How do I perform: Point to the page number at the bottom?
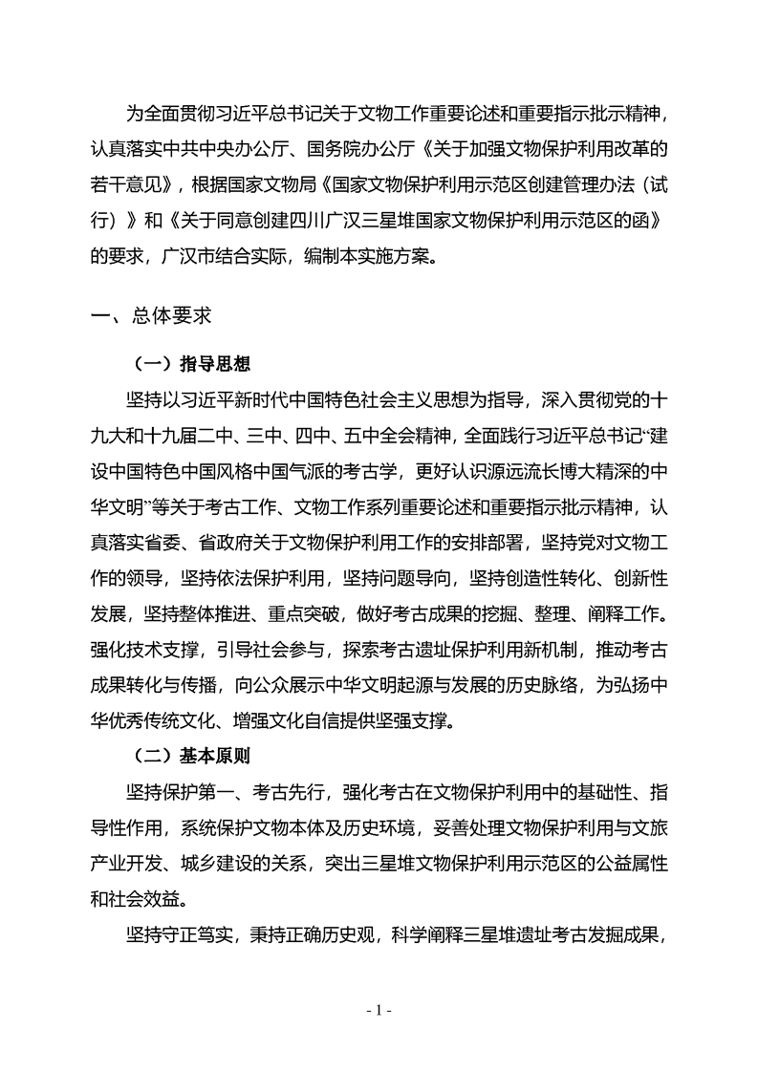(x=379, y=1011)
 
